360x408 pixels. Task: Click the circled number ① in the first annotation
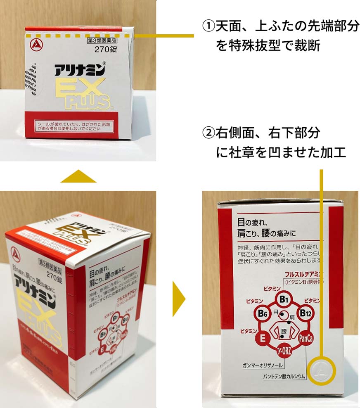pos(208,27)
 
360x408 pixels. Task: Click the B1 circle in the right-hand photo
pos(284,298)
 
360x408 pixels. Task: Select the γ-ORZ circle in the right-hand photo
pos(284,352)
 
